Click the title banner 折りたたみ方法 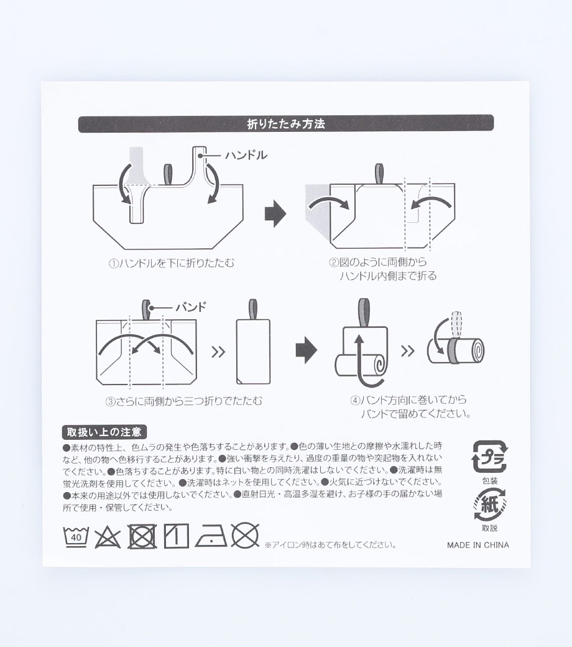286,123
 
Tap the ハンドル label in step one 246,155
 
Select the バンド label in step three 190,307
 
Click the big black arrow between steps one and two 275,214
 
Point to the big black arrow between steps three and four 307,350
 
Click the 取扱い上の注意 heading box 104,432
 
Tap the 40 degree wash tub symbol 76,536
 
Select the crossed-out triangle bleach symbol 108,537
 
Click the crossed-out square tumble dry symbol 142,536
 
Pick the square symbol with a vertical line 177,536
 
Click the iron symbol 211,537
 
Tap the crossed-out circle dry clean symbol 245,536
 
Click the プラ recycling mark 490,457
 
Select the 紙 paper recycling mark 490,504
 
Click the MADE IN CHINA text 478,545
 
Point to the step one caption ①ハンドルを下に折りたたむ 171,263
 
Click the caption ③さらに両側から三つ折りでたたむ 184,401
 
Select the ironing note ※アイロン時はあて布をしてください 330,545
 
